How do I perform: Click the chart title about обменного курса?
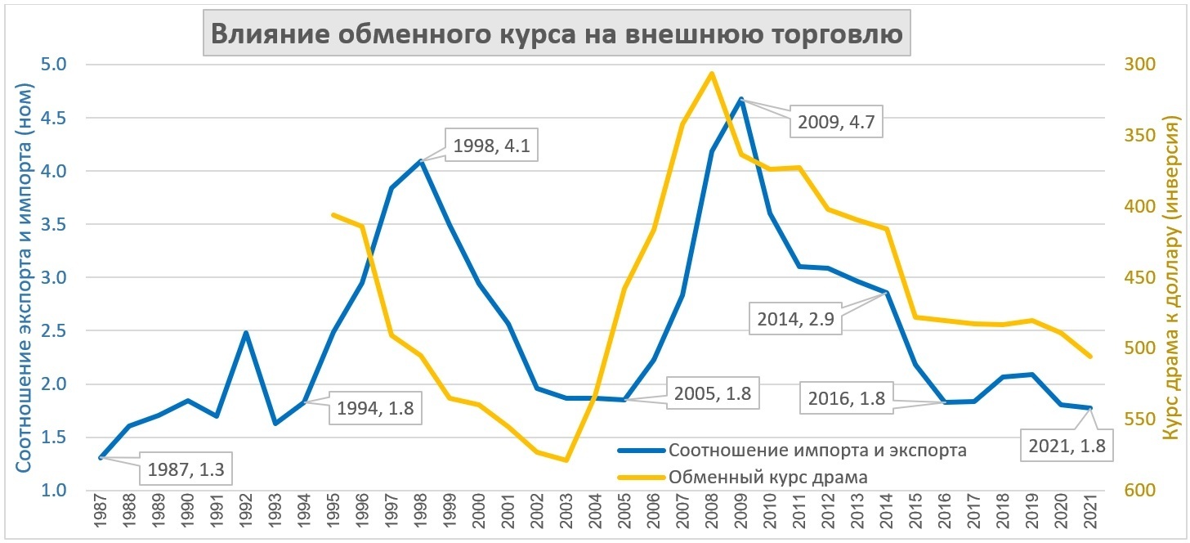tap(557, 35)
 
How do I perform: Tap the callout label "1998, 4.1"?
tap(492, 146)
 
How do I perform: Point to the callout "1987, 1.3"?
tap(186, 469)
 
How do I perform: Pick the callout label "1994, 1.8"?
tap(376, 408)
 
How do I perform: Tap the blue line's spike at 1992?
tap(246, 333)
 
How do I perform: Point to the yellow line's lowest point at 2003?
tap(566, 460)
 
